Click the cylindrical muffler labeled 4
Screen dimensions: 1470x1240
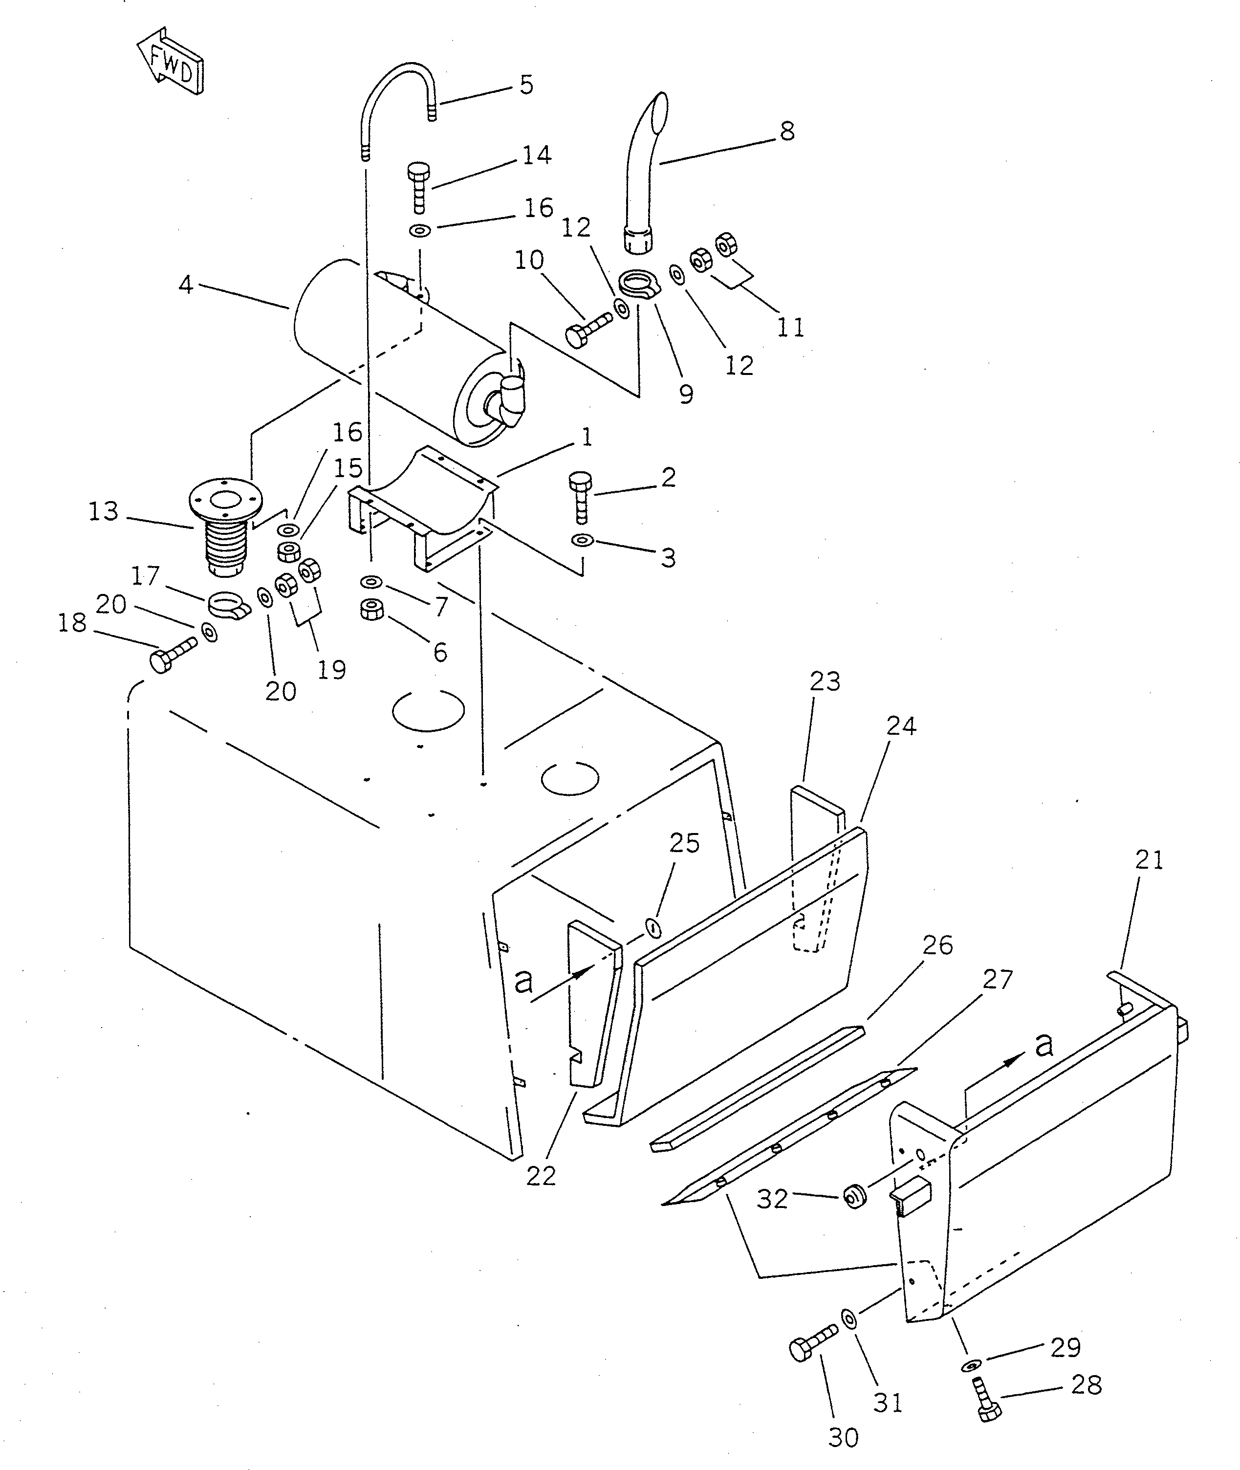tap(393, 351)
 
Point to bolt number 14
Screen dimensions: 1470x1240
tap(418, 186)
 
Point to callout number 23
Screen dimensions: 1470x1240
tap(825, 681)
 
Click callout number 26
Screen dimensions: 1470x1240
tap(937, 945)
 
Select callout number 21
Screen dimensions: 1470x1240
tap(1149, 860)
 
